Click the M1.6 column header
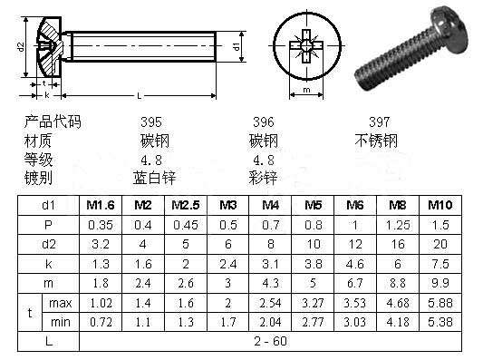pos(99,205)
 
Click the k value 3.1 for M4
pos(270,264)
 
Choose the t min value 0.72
pos(99,321)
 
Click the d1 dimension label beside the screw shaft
pos(235,45)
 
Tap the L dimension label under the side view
pos(138,96)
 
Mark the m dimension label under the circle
pos(307,91)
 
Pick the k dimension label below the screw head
pos(46,94)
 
